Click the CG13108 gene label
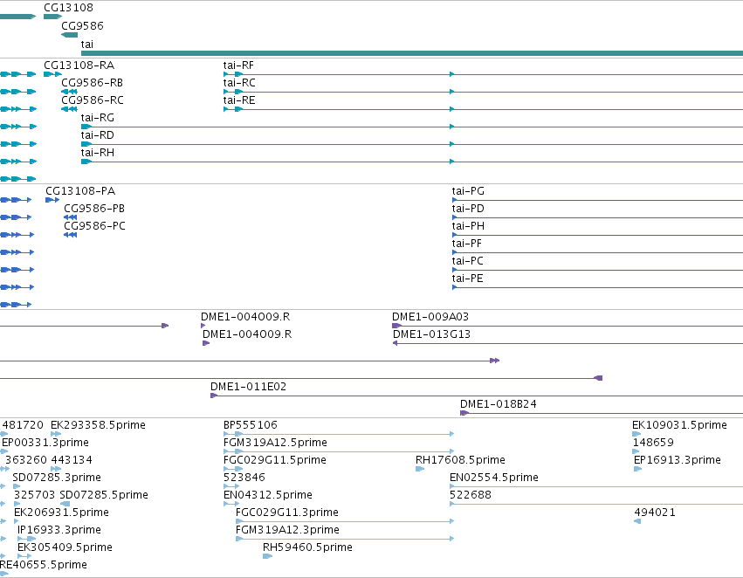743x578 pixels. tap(68, 8)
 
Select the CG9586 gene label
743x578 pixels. tap(82, 25)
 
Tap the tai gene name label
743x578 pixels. tap(87, 44)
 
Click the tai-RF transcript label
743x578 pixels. tap(238, 65)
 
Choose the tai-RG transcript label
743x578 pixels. tap(98, 118)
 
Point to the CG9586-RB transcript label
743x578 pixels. tap(92, 83)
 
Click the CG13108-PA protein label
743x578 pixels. tap(80, 191)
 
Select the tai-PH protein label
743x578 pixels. tap(468, 226)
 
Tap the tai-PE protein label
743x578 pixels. tap(467, 279)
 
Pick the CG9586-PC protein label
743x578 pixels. tap(95, 226)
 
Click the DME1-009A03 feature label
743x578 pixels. tap(430, 316)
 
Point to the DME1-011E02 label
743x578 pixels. tap(248, 387)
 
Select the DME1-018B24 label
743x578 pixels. tap(498, 404)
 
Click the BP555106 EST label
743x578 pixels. tap(251, 425)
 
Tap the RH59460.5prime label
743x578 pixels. tap(307, 547)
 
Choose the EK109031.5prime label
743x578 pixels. tap(679, 425)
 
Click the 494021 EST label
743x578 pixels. tap(655, 513)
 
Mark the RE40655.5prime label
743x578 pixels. tap(43, 565)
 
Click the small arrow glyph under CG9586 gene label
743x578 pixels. tap(69, 35)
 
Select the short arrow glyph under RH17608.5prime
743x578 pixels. tap(420, 469)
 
